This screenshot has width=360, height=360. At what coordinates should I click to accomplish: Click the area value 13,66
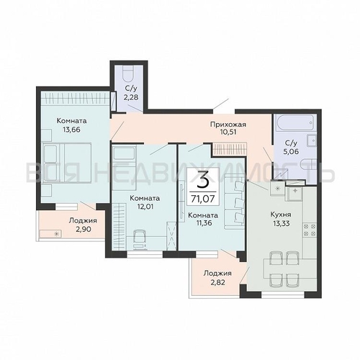(x=71, y=130)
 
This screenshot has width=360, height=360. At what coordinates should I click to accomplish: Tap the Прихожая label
(x=228, y=125)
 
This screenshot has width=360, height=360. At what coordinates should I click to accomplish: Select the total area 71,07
(x=203, y=199)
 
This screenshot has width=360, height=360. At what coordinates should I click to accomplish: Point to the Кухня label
(x=281, y=215)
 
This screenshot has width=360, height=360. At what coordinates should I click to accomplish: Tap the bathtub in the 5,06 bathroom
(x=294, y=122)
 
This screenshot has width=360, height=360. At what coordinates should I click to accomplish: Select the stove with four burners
(x=310, y=230)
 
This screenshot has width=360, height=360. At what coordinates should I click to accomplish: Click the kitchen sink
(x=294, y=194)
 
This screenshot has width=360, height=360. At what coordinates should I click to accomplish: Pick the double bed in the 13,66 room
(x=66, y=163)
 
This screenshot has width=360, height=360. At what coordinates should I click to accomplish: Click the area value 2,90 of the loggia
(x=84, y=229)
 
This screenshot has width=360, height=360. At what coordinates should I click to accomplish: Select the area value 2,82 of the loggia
(x=217, y=282)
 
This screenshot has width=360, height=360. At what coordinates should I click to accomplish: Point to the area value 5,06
(x=291, y=152)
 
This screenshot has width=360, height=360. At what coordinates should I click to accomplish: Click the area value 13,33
(x=281, y=223)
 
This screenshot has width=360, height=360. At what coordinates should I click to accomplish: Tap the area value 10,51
(x=228, y=132)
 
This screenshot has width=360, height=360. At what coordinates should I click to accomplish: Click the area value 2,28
(x=131, y=98)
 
